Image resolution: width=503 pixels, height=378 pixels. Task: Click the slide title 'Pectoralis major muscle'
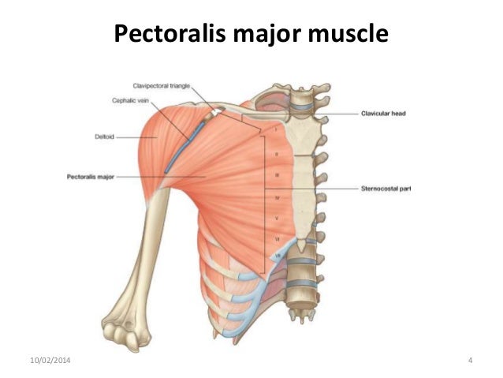pos(251,35)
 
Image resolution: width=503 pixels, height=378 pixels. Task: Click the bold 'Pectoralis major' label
pos(86,177)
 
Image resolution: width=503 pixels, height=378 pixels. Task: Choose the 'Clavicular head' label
pos(384,114)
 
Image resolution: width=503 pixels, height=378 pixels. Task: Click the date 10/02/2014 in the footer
pos(36,361)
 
